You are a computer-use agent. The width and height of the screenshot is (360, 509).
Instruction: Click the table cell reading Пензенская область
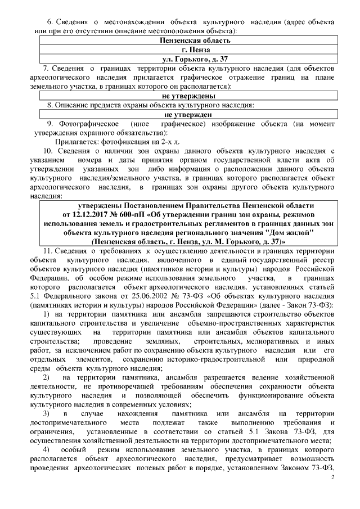coord(193,40)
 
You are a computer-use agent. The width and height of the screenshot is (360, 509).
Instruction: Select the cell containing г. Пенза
coord(193,49)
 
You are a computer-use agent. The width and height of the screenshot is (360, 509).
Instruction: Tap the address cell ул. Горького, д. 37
coord(193,58)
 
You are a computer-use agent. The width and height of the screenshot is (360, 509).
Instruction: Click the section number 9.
coord(49,123)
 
